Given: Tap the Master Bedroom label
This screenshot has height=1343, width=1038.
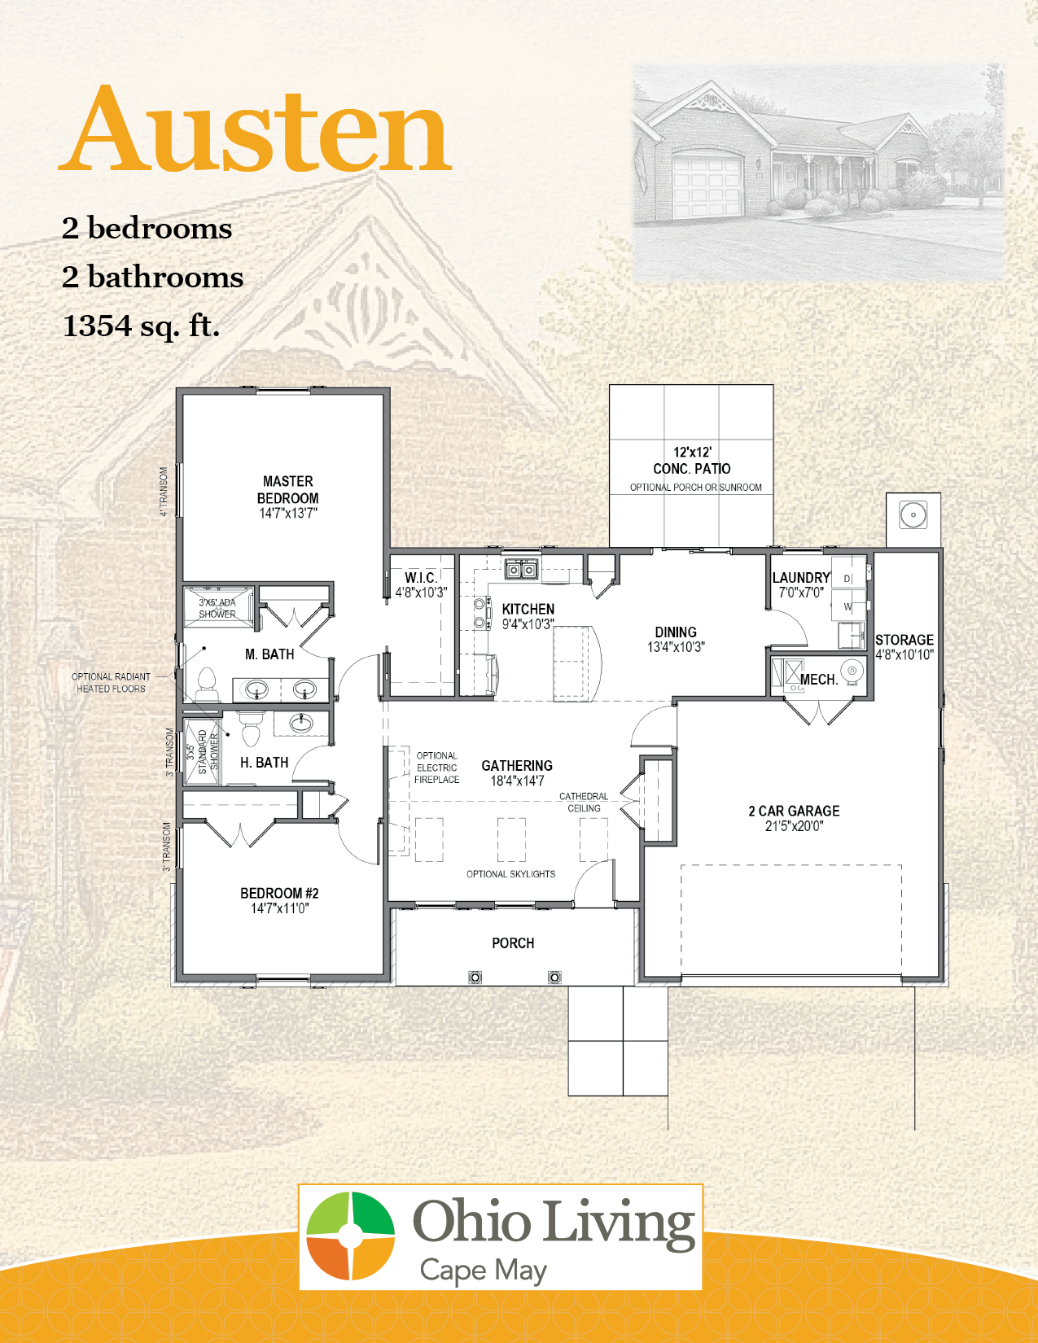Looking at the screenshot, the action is click(288, 489).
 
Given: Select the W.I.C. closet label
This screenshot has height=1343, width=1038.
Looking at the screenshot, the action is click(421, 577).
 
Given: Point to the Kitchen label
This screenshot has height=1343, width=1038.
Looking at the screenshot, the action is click(528, 609).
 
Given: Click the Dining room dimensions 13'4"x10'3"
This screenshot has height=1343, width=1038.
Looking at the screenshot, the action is click(676, 647).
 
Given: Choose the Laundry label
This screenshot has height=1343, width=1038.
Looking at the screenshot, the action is click(800, 577).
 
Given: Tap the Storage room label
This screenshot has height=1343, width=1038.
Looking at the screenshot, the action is click(904, 640).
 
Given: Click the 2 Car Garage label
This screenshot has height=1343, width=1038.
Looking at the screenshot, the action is click(794, 811).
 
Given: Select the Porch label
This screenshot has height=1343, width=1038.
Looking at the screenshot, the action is click(513, 943).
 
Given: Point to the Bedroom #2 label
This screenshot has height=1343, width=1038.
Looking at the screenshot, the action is click(279, 893).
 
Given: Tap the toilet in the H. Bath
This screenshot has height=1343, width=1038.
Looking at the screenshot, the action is click(251, 729).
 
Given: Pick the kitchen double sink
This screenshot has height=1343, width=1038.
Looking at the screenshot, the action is click(521, 569).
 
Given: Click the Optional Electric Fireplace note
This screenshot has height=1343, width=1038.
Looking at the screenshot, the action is click(436, 768).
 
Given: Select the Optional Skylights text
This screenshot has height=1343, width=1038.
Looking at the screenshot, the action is click(510, 874).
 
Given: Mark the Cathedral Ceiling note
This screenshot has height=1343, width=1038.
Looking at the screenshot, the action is click(584, 803).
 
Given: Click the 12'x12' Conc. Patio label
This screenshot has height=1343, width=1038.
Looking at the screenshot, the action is click(692, 461).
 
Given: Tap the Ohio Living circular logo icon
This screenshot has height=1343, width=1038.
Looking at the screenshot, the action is click(351, 1236).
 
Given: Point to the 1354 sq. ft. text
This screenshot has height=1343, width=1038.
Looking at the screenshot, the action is click(141, 326).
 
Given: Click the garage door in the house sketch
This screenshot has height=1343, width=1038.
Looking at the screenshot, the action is click(707, 178).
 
